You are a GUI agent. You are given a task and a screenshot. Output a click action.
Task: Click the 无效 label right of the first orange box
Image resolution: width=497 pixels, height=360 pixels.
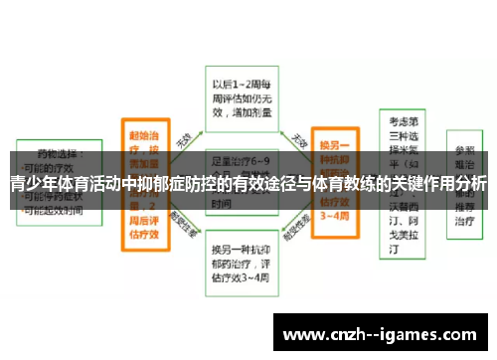click(184, 140)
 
